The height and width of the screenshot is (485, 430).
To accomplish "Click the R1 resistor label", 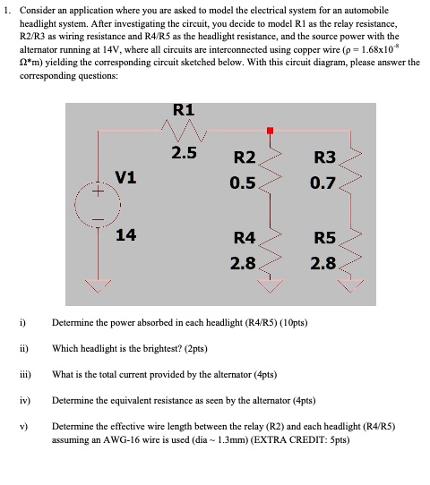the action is coord(184,111).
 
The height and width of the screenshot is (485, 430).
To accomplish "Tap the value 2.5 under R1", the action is coord(185,153).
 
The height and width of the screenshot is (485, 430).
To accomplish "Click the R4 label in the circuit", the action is coord(245,238).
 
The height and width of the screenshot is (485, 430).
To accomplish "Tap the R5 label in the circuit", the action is coord(324,238).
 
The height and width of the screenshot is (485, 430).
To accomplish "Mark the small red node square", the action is coord(269,131).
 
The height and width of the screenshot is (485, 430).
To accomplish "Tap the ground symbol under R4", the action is coord(269,284).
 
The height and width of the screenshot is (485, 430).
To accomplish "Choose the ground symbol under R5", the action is coord(350,284).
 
